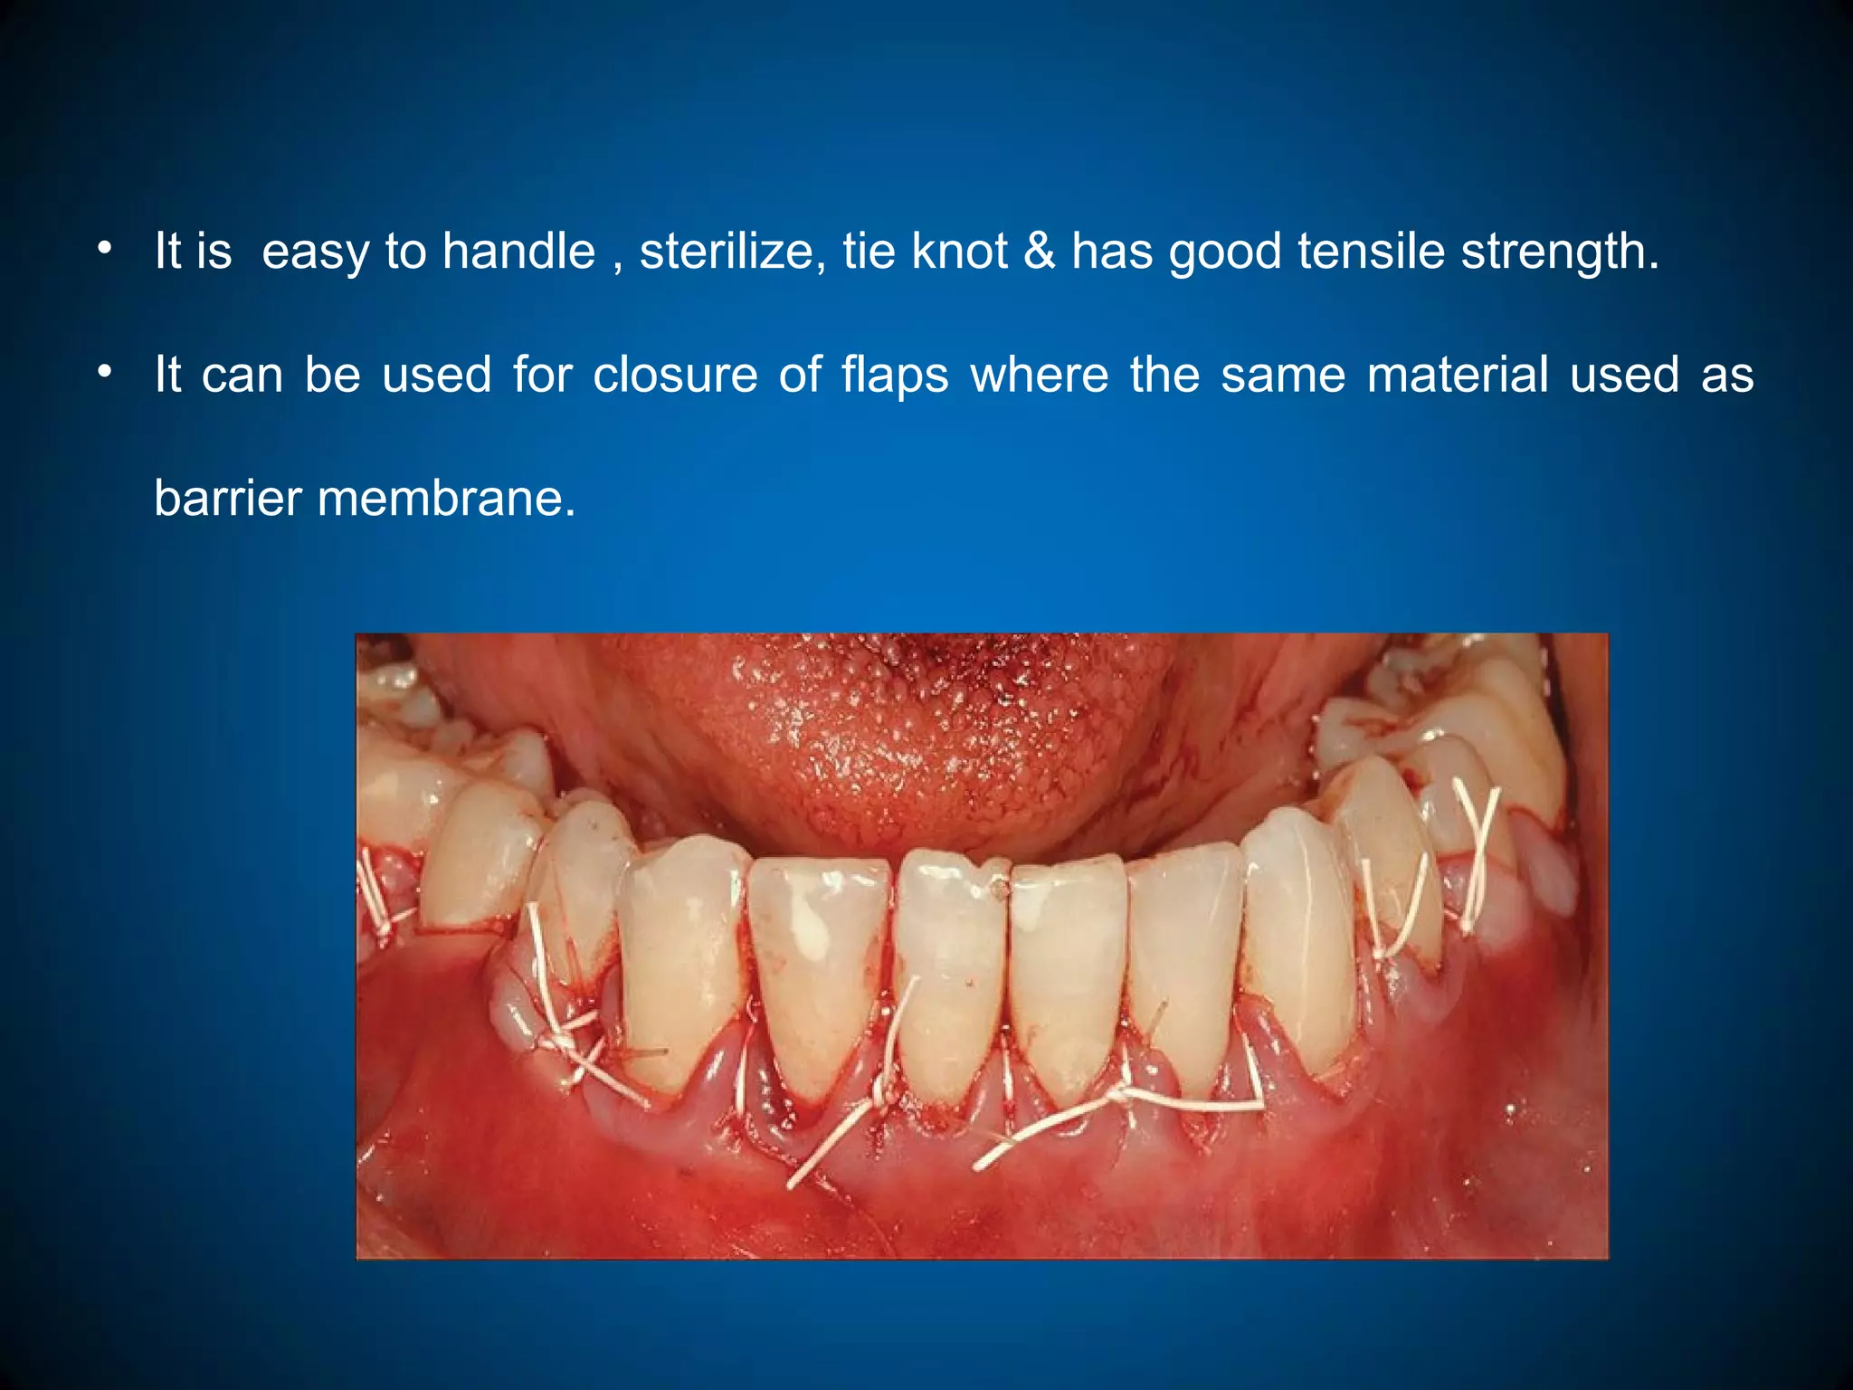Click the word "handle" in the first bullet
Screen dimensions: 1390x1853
pos(518,251)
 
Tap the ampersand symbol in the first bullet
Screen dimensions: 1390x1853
pos(1040,251)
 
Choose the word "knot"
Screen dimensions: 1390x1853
pos(959,251)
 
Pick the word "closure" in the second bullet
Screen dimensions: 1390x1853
pos(675,375)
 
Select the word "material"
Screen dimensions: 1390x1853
pos(1458,375)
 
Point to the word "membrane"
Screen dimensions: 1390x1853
pos(446,498)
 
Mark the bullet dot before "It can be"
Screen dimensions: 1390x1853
pos(106,371)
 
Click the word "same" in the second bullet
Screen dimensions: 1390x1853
pos(1283,375)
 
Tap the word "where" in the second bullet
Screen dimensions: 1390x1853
pos(1040,375)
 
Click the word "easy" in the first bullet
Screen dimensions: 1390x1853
pos(314,252)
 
